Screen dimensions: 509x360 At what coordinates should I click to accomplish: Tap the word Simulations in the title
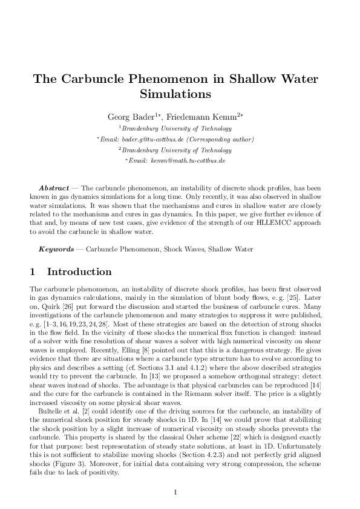pos(175,94)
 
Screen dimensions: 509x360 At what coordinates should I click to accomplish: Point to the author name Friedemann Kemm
pos(192,116)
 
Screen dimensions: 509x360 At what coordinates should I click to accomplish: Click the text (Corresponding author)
pos(215,139)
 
